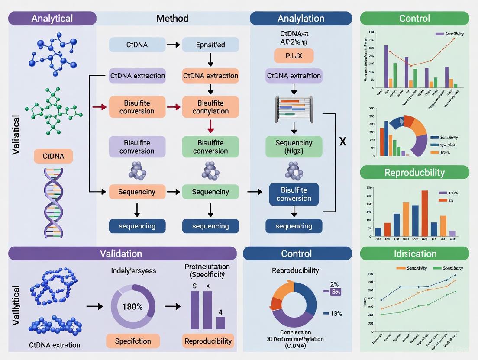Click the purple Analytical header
pyautogui.click(x=52, y=18)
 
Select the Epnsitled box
pyautogui.click(x=210, y=45)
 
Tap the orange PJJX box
pyautogui.click(x=294, y=56)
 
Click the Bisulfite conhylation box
pyautogui.click(x=210, y=107)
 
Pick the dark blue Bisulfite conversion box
pyautogui.click(x=294, y=194)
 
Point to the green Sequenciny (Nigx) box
pyautogui.click(x=294, y=147)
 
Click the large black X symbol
pyautogui.click(x=342, y=141)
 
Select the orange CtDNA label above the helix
pyautogui.click(x=53, y=156)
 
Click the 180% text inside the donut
pyautogui.click(x=132, y=307)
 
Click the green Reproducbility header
pyautogui.click(x=414, y=173)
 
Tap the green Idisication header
pyautogui.click(x=414, y=254)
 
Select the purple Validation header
pyautogui.click(x=121, y=254)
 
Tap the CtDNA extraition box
pyautogui.click(x=294, y=76)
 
